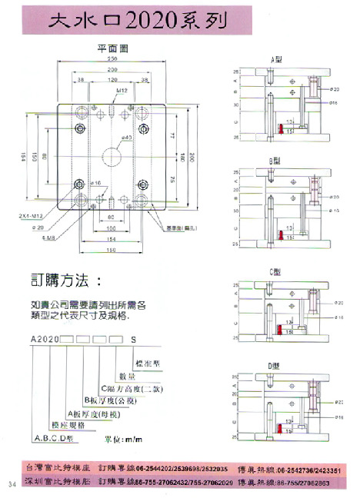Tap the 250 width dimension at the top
pos(112,58)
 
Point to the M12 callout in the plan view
pos(122,91)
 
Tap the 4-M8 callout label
pos(47,237)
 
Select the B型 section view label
pos(275,160)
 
